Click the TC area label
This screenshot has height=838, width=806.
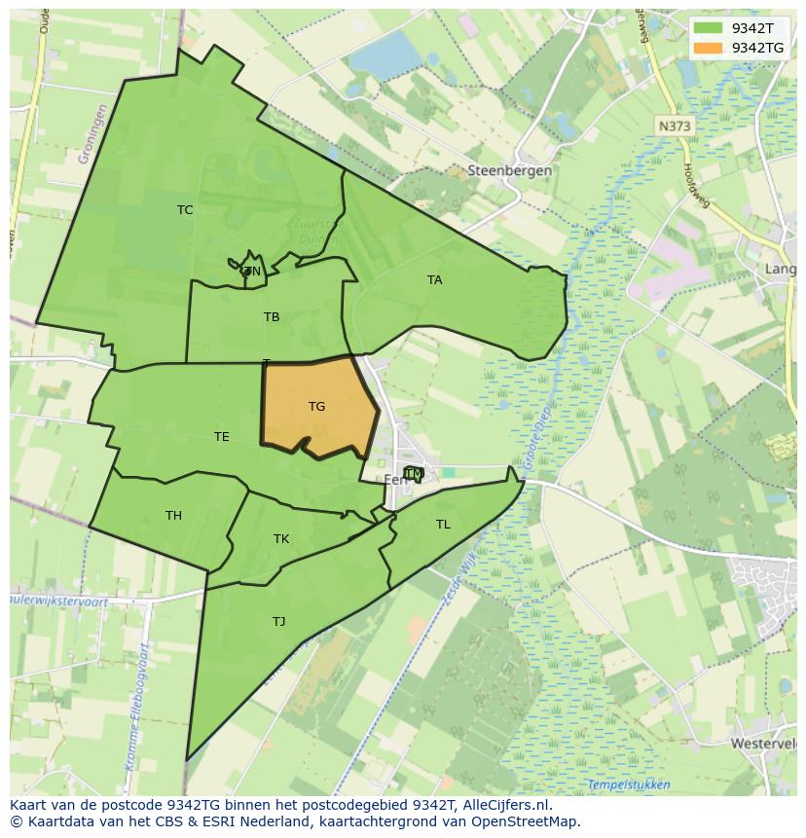pyautogui.click(x=185, y=210)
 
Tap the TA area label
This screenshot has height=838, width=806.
pyautogui.click(x=434, y=280)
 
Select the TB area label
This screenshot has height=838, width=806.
pyautogui.click(x=272, y=317)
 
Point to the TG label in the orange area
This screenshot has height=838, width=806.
pyautogui.click(x=316, y=407)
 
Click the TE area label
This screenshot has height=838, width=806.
pyautogui.click(x=222, y=437)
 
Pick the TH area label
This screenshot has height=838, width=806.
pyautogui.click(x=173, y=516)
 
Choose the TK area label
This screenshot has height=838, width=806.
pyautogui.click(x=281, y=539)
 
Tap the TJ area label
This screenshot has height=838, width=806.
pyautogui.click(x=279, y=622)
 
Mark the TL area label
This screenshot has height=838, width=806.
pyautogui.click(x=443, y=525)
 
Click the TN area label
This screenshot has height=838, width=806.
pyautogui.click(x=252, y=272)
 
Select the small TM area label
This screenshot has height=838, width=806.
pyautogui.click(x=414, y=474)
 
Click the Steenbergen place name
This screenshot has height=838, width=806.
pyautogui.click(x=509, y=170)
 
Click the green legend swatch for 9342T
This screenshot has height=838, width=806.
pyautogui.click(x=709, y=28)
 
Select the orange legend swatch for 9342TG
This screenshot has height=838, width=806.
pyautogui.click(x=709, y=48)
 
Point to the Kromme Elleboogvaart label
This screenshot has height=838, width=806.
pyautogui.click(x=139, y=689)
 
